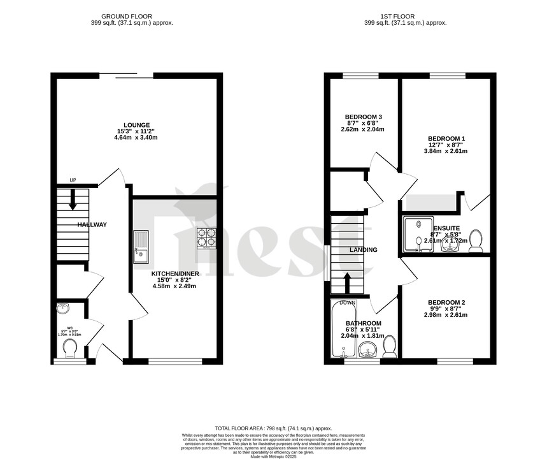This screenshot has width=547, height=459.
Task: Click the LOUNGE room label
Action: pos(137,125)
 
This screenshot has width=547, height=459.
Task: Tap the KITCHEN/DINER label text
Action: pos(175,273)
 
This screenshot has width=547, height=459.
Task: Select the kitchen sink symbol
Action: pos(140,247)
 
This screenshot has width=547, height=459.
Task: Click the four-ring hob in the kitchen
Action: pos(206,238)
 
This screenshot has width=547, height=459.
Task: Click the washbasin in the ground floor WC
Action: pos(64,309)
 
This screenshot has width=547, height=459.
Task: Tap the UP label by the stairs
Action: pos(73,180)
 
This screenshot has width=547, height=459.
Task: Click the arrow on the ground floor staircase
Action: pos(73,200)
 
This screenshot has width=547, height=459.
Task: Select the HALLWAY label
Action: pos(92,225)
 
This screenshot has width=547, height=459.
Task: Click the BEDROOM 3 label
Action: pos(363,117)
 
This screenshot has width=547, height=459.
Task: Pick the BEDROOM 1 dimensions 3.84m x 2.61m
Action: pos(446,151)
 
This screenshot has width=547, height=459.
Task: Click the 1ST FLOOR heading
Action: pos(405,15)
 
